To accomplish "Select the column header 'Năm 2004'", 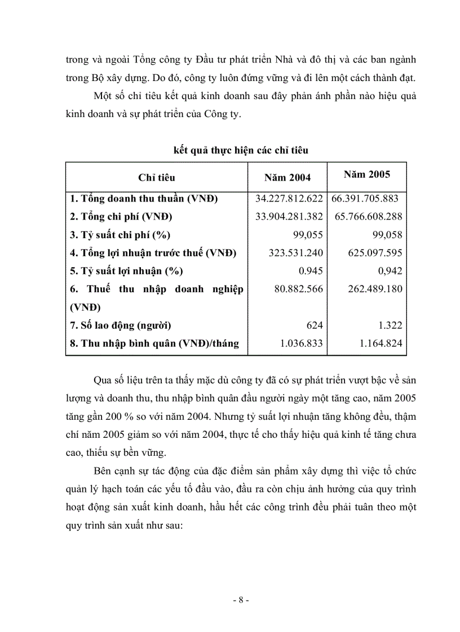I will tap(287, 178).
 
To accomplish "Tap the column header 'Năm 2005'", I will tap(366, 174).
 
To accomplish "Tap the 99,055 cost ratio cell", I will tap(307, 235).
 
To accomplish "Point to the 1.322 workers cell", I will tap(390, 326).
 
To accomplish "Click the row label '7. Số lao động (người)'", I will tap(121, 326).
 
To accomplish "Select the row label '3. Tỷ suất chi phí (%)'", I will tap(120, 235).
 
